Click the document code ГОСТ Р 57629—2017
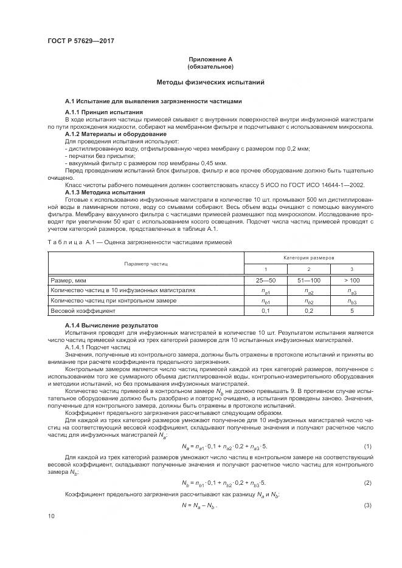[x=81, y=41]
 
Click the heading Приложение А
[x=210, y=59]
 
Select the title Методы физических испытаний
[x=210, y=82]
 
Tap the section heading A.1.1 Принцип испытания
[x=104, y=112]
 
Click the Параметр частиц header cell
[x=146, y=264]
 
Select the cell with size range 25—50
[x=266, y=281]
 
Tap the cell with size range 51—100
[x=309, y=281]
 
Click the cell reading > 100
[x=352, y=281]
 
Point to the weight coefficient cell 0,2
[x=309, y=310]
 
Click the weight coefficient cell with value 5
[x=352, y=310]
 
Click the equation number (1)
[x=367, y=447]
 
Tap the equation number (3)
[x=367, y=506]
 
